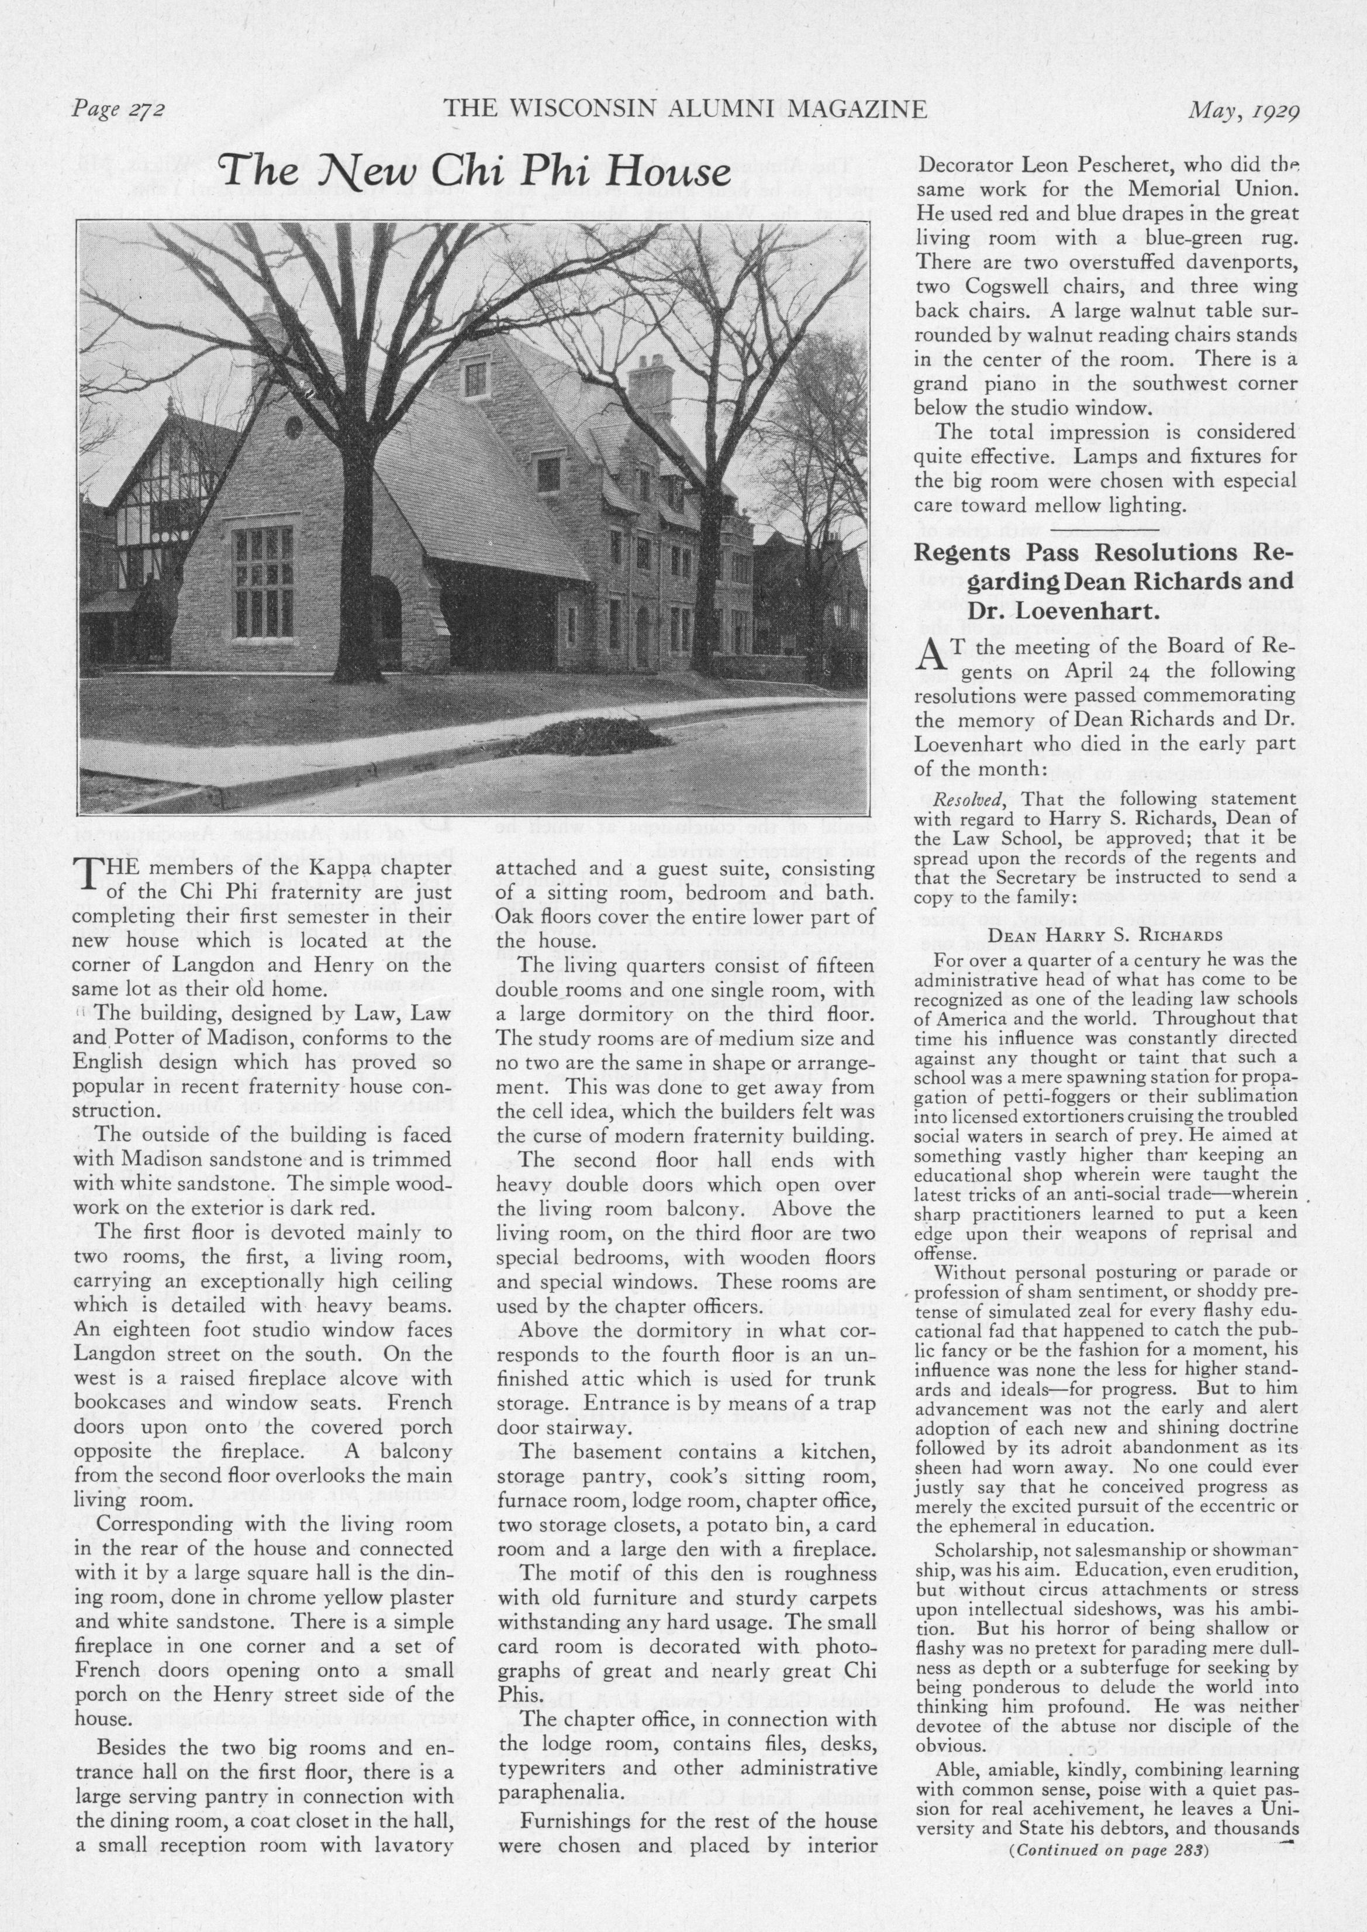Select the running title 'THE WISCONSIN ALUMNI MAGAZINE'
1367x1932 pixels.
(x=685, y=109)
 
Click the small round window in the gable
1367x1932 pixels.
(x=294, y=428)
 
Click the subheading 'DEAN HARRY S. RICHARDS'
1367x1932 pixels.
(x=1104, y=935)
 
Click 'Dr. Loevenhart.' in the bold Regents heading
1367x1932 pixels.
(x=1062, y=609)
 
